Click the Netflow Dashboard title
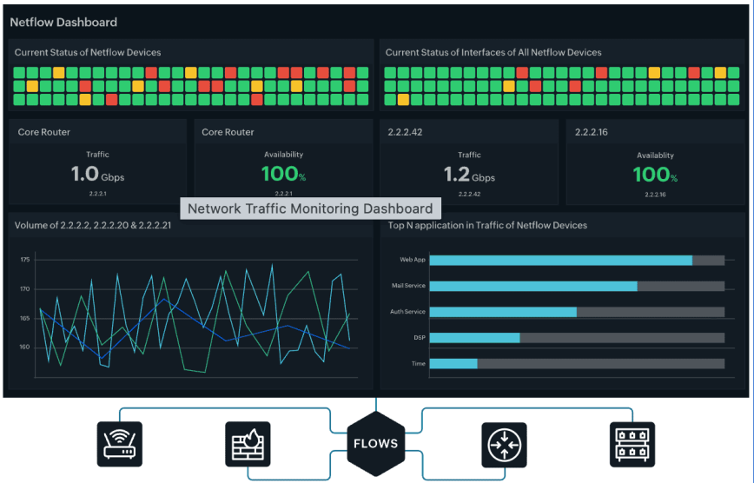coord(63,22)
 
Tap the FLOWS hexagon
coord(375,443)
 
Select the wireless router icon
coord(119,445)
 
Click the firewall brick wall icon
coord(248,445)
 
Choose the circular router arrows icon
coord(504,445)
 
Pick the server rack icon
coord(632,445)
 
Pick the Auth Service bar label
coord(407,312)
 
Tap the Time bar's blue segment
coord(453,363)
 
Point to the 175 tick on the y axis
coord(24,260)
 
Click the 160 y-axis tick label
coord(24,347)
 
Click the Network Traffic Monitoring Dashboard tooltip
coord(310,208)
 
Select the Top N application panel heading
coord(487,225)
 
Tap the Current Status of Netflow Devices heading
coord(88,53)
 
